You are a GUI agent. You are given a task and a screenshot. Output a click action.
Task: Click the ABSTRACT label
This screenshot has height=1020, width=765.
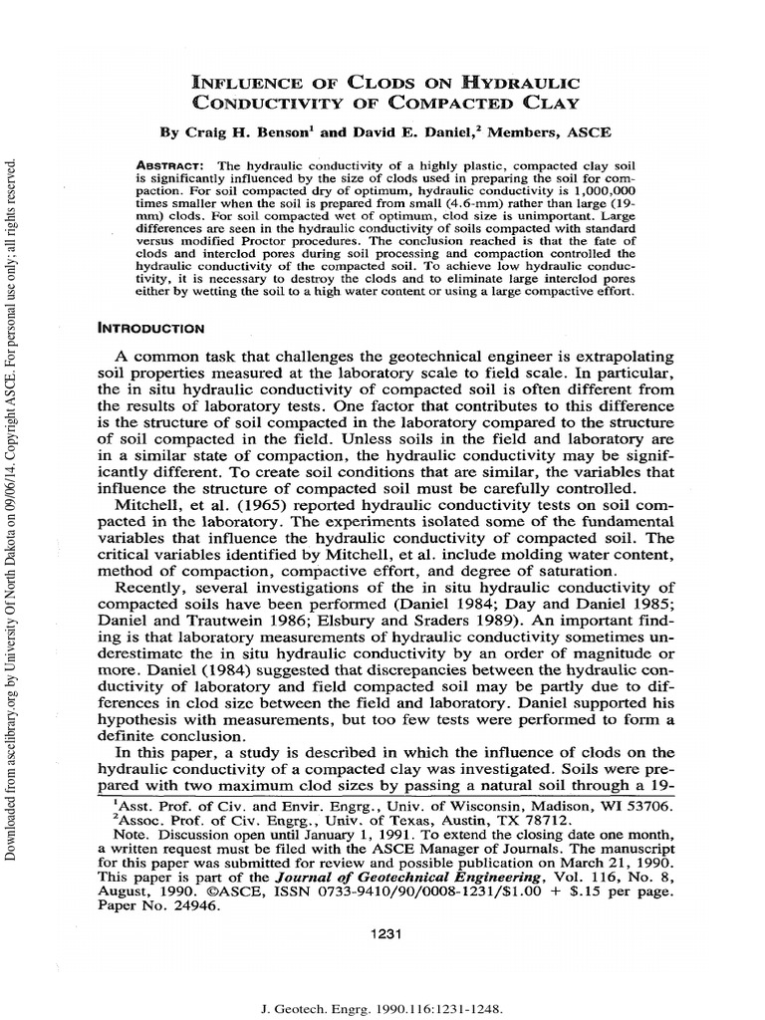coord(170,163)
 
